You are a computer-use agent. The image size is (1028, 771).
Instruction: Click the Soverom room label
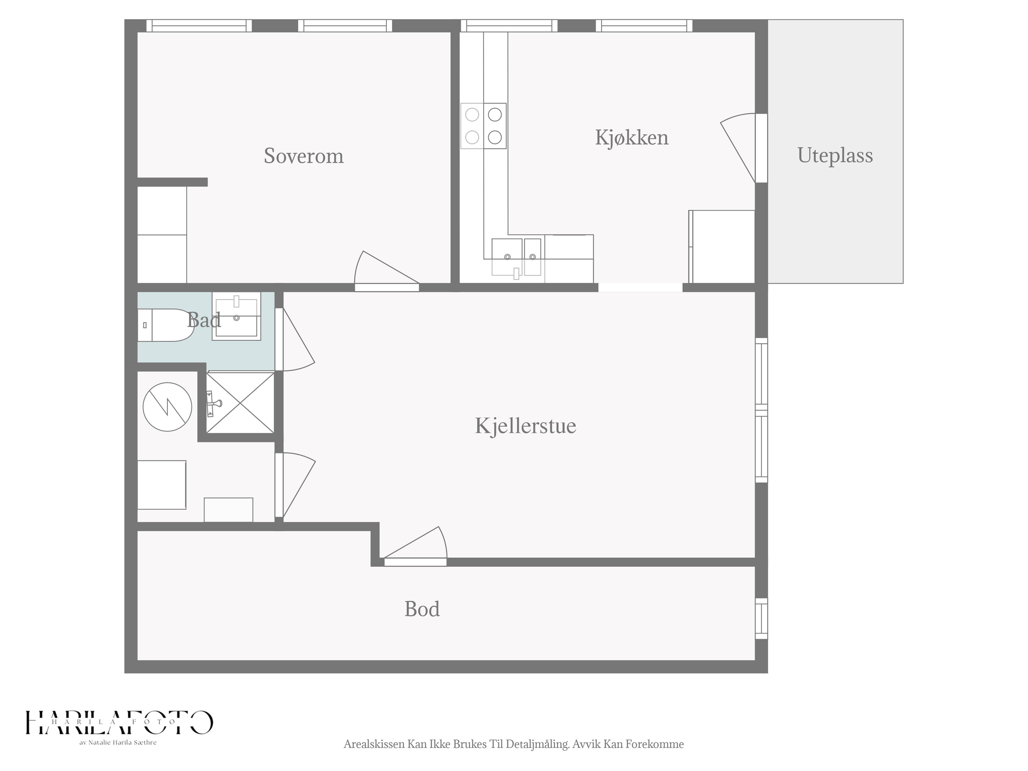(304, 156)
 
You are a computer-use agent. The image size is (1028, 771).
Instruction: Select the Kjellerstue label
(525, 426)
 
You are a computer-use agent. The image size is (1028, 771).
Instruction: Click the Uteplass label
(835, 156)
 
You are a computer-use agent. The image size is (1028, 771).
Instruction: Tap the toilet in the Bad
(165, 325)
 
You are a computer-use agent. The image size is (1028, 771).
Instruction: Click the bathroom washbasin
(237, 316)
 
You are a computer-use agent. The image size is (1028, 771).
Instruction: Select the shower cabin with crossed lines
(240, 402)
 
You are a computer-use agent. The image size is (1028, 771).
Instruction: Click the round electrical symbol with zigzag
(167, 407)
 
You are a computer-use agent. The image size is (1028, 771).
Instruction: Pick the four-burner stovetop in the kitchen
(483, 126)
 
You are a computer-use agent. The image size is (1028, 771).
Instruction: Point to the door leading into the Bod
(415, 546)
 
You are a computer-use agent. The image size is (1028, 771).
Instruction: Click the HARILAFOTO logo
(119, 723)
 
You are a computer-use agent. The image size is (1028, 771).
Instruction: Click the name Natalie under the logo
(99, 743)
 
